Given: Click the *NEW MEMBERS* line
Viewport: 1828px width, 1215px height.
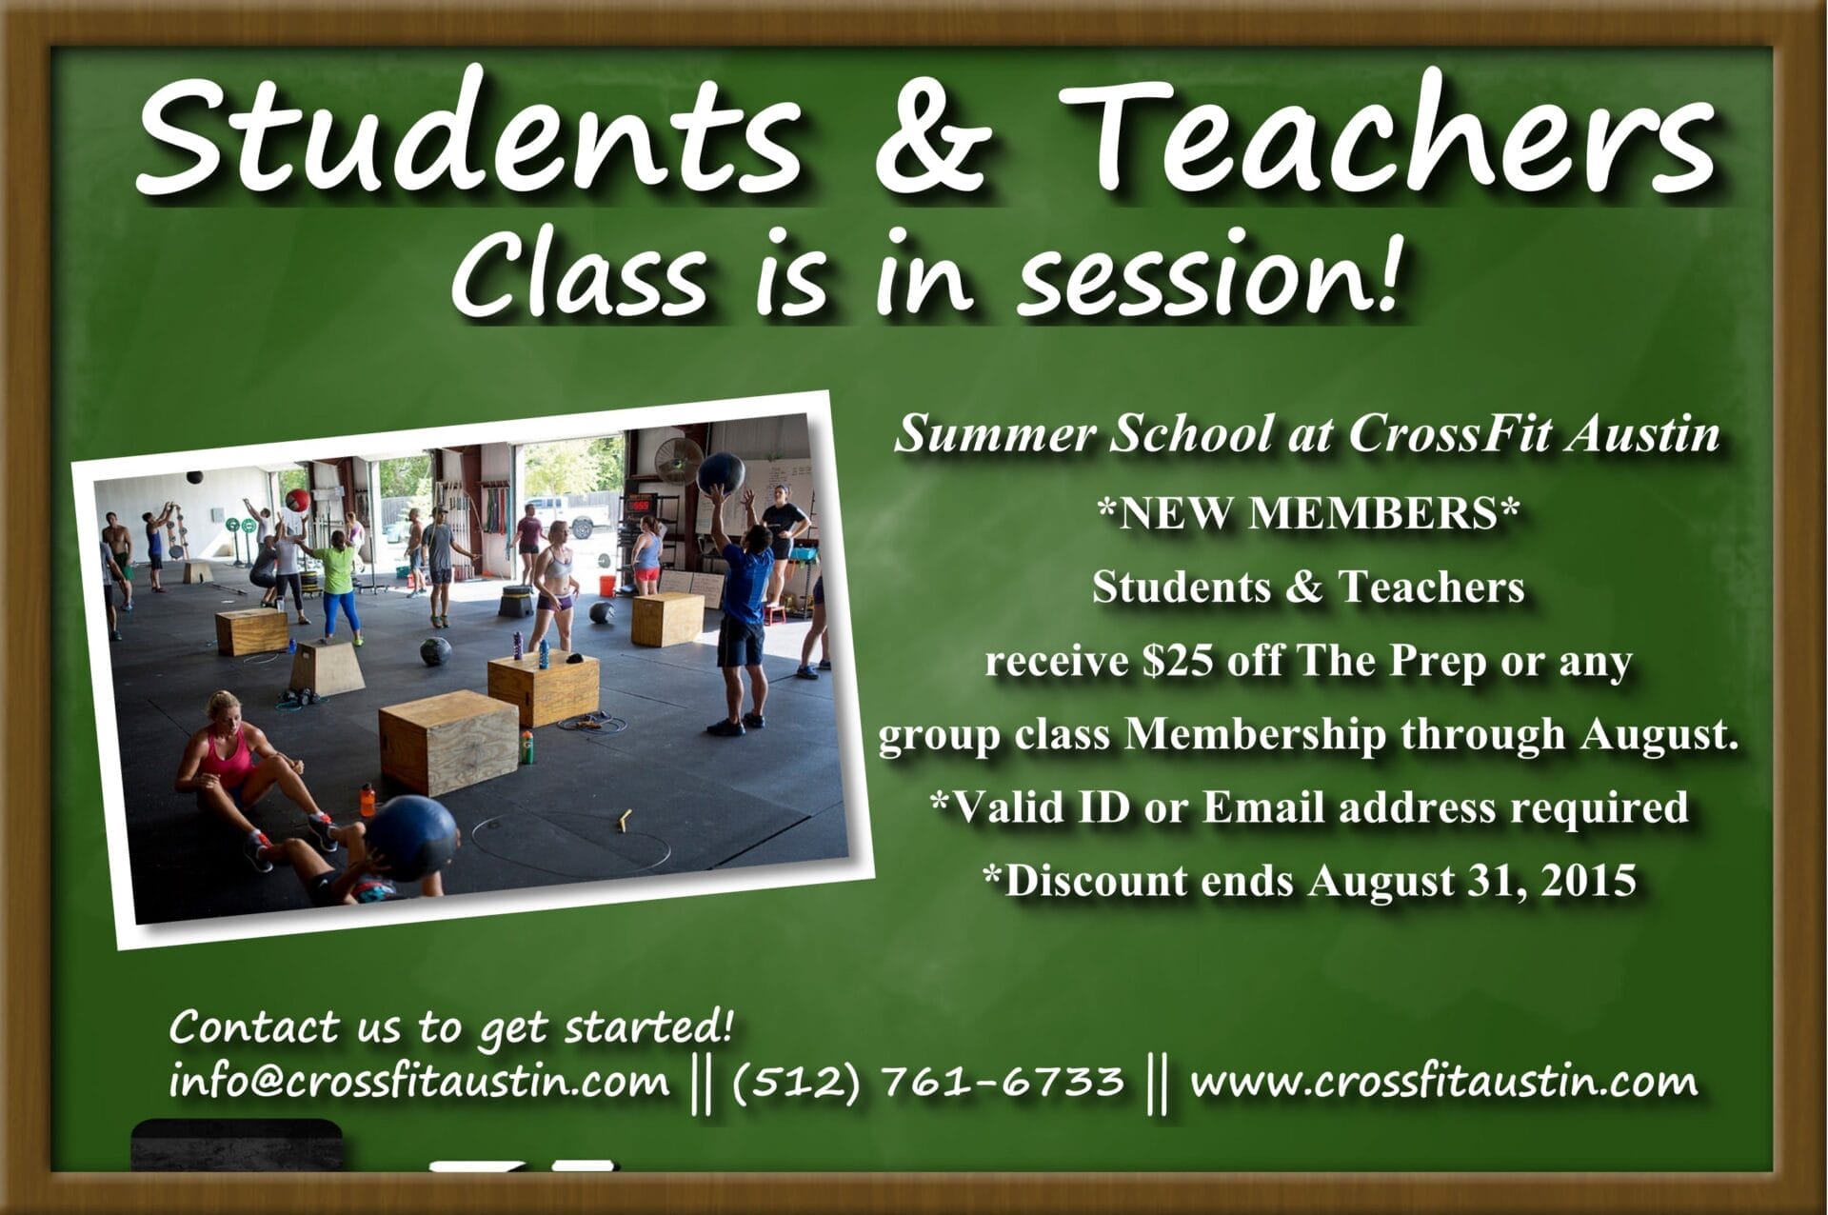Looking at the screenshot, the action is point(1306,513).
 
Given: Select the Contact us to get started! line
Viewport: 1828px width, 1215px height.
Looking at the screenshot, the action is point(451,1028).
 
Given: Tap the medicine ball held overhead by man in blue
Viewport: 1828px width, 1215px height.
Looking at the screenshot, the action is point(721,473).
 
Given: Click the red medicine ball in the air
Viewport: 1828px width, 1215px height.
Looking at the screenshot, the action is point(299,499).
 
